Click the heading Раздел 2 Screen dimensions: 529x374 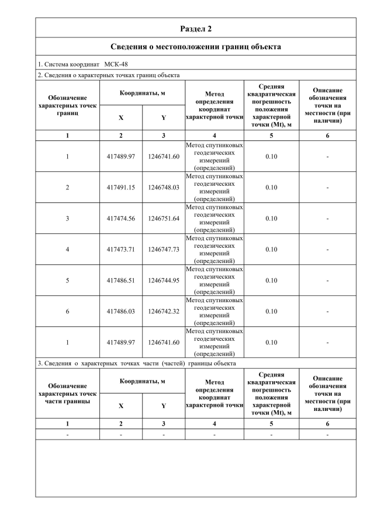click(x=196, y=29)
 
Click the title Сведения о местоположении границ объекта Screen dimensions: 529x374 click(x=196, y=46)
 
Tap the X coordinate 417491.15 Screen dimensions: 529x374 click(x=121, y=188)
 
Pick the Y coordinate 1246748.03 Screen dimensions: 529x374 click(x=164, y=188)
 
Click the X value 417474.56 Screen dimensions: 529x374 click(x=121, y=219)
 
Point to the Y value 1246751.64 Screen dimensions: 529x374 click(x=164, y=219)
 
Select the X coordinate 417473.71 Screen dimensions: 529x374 click(x=121, y=250)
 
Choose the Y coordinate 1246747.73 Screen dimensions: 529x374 click(x=164, y=250)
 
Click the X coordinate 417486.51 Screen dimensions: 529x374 click(x=121, y=281)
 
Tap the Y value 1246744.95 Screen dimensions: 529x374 click(x=164, y=281)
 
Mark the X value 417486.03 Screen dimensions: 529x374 click(x=121, y=312)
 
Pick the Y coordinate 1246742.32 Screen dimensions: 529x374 click(x=164, y=312)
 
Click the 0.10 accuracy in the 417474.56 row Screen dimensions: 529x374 click(x=271, y=219)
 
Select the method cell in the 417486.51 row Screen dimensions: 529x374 click(x=214, y=281)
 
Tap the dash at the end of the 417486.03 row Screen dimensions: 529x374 click(x=327, y=312)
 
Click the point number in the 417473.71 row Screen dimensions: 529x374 click(x=67, y=250)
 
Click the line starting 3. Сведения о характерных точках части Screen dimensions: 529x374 click(x=137, y=363)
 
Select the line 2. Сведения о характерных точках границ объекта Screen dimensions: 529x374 click(x=109, y=75)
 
